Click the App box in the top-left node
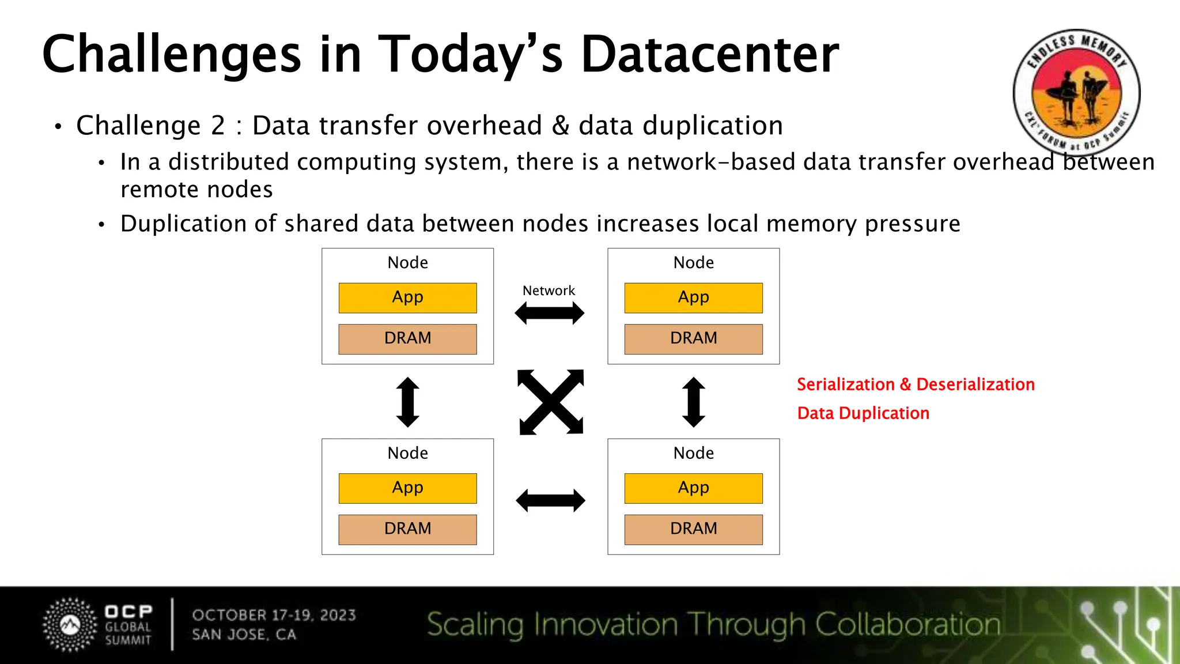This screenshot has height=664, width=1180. tap(407, 297)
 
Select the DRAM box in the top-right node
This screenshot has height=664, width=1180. tap(693, 338)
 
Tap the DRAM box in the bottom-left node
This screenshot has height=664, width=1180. tap(407, 529)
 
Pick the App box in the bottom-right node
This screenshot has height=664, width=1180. tap(693, 488)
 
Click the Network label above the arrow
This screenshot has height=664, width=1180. tap(549, 290)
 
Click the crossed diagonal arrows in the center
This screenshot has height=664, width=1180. tap(551, 402)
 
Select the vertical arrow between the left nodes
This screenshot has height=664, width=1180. tap(408, 402)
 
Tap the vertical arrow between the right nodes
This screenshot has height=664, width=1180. tap(693, 402)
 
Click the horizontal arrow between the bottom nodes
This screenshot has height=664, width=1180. tap(550, 500)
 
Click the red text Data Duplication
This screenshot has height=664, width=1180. tap(863, 413)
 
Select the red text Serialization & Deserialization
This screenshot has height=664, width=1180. tap(916, 384)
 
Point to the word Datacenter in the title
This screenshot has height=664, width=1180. tap(709, 55)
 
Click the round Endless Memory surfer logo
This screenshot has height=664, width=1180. tap(1076, 92)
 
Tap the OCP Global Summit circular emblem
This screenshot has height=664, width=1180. tap(70, 625)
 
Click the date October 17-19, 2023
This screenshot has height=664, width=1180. tap(274, 615)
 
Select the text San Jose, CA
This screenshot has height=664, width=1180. tap(244, 635)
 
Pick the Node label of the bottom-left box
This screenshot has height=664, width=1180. tap(407, 453)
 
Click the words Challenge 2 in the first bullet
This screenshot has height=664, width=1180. tap(150, 126)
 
